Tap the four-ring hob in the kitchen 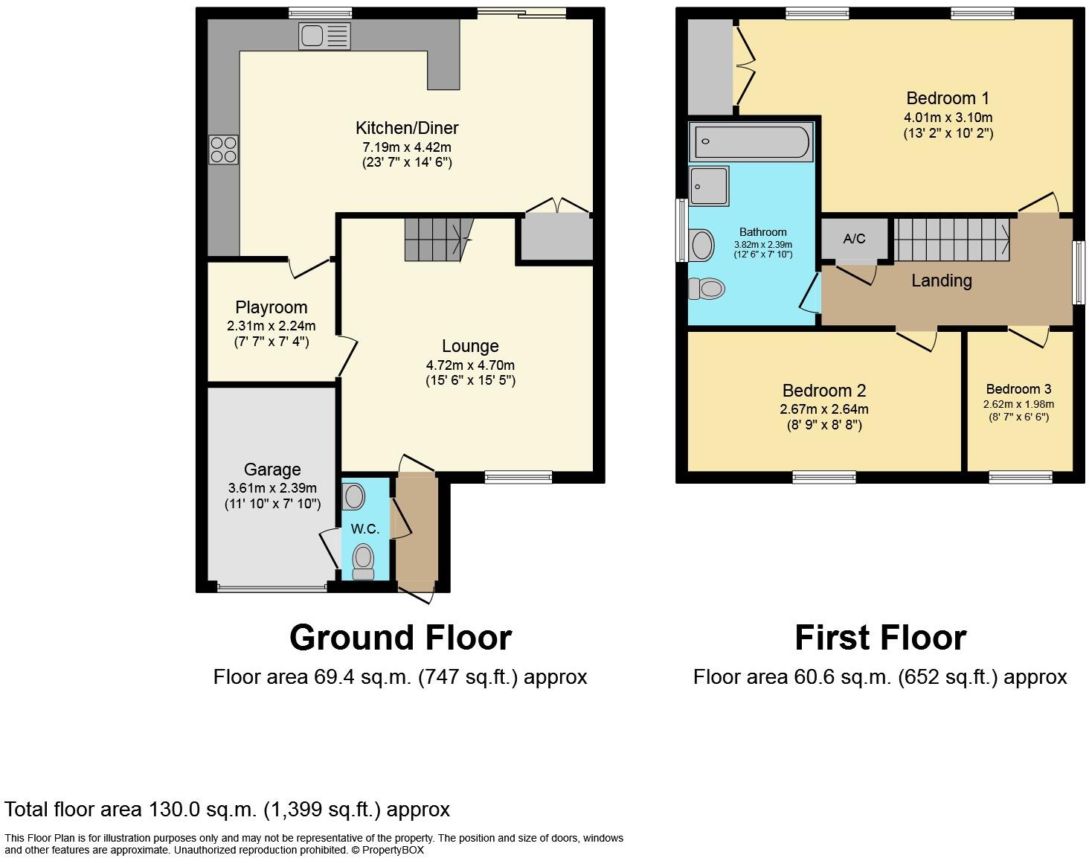(224, 149)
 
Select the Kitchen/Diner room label (406, 128)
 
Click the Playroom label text (271, 307)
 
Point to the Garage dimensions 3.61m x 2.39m (272, 488)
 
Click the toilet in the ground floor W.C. (363, 562)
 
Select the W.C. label (365, 529)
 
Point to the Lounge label (470, 346)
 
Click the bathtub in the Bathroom (751, 142)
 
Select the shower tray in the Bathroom (708, 186)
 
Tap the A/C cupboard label (854, 239)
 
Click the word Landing (941, 281)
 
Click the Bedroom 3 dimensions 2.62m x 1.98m (1018, 404)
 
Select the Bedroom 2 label (823, 391)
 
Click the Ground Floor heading (400, 638)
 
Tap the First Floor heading (880, 638)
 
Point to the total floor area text (227, 809)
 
